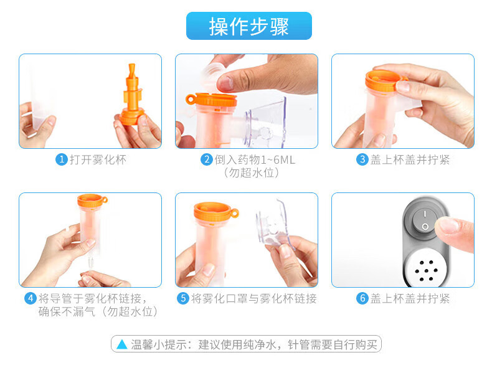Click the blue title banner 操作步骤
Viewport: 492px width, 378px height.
[249, 26]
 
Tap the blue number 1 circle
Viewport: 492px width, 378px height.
[62, 159]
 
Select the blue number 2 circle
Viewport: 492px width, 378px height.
[207, 159]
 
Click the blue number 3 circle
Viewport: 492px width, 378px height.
[362, 159]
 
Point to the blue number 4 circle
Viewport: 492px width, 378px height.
[31, 298]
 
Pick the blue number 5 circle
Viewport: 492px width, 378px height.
[183, 298]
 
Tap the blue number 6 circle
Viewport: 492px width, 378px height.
[362, 298]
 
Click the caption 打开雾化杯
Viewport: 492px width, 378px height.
[98, 159]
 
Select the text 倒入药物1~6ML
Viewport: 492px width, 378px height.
[255, 159]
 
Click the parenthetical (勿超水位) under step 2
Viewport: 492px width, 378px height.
[252, 172]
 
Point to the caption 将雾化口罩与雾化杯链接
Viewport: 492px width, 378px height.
[254, 298]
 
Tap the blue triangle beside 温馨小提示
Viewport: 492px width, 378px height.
[121, 344]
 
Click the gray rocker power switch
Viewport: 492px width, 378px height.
[425, 221]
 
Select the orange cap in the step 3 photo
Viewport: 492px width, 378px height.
[386, 80]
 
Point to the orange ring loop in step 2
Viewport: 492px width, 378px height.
[191, 100]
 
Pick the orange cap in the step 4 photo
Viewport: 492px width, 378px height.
[92, 200]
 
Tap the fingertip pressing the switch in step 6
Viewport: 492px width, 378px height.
[449, 226]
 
